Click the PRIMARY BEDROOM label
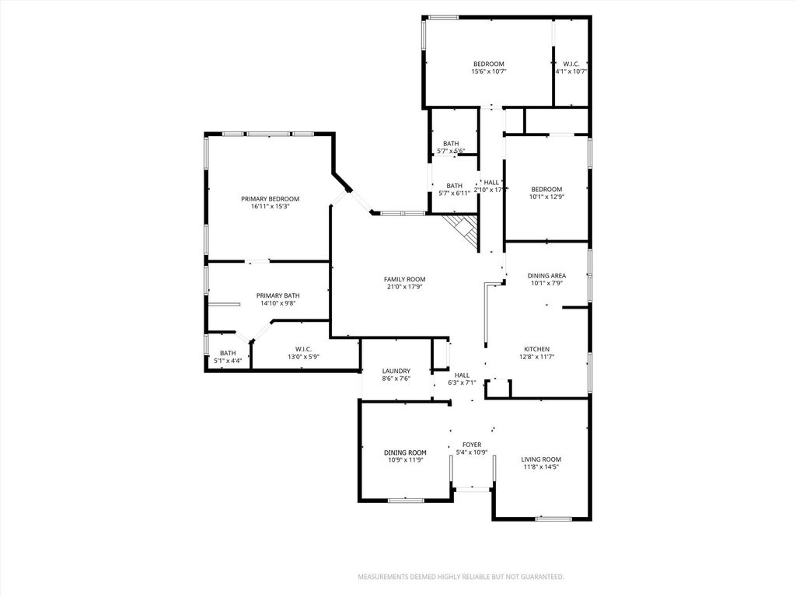270,199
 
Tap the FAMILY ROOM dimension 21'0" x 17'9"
404,287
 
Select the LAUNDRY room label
396,371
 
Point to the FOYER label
472,445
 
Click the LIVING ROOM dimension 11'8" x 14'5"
541,467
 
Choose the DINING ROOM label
405,452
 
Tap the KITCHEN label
536,349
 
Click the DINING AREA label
546,275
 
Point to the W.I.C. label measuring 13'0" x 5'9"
303,349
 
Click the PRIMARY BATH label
278,295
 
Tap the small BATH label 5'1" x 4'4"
228,354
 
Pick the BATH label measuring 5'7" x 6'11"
454,186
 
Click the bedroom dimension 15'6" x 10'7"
489,72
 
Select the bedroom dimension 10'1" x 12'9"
546,197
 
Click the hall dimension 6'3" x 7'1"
462,382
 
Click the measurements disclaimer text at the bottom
460,577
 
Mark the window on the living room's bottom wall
553,518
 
